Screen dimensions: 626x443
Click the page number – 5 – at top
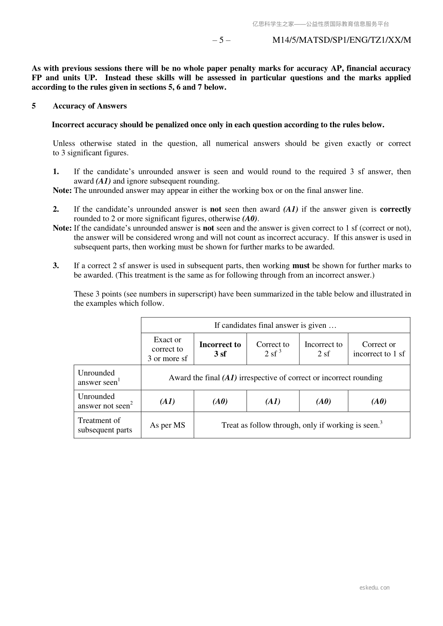click(221, 40)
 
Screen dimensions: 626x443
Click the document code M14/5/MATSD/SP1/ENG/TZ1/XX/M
click(341, 40)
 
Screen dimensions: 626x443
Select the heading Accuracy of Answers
click(90, 106)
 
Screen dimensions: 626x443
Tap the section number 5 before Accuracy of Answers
click(34, 106)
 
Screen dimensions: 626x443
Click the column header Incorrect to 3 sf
click(220, 349)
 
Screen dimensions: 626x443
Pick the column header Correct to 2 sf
click(273, 349)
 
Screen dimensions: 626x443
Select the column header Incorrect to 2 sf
click(323, 349)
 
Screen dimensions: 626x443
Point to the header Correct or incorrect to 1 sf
click(379, 349)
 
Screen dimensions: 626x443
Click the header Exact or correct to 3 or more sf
click(167, 349)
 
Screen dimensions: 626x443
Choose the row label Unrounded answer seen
click(98, 378)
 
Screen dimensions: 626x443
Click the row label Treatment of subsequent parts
click(105, 425)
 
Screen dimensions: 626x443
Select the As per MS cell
click(167, 425)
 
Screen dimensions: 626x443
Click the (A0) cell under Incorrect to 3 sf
click(220, 401)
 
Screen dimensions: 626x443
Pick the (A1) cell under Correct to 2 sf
click(273, 401)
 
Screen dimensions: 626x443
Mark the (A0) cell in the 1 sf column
click(379, 401)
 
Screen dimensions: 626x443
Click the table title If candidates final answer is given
click(275, 325)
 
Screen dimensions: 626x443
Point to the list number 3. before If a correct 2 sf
click(56, 266)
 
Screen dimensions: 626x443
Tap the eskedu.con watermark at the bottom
click(375, 588)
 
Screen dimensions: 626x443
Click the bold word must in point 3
click(301, 266)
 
